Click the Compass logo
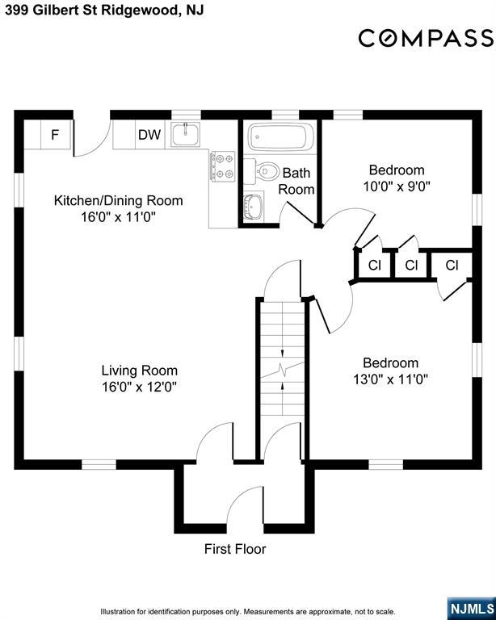click(x=426, y=39)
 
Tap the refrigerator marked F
click(x=56, y=135)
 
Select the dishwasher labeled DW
click(x=149, y=135)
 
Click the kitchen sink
click(x=186, y=134)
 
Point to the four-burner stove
click(x=223, y=166)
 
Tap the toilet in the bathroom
click(x=262, y=171)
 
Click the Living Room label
click(x=139, y=371)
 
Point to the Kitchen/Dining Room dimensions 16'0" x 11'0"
click(x=118, y=217)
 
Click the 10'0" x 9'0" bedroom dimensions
click(x=397, y=186)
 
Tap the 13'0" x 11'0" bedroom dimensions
click(x=391, y=379)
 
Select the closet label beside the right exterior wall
click(x=452, y=265)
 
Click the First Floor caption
click(x=235, y=549)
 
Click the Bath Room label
click(x=296, y=181)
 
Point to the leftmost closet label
click(x=374, y=265)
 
